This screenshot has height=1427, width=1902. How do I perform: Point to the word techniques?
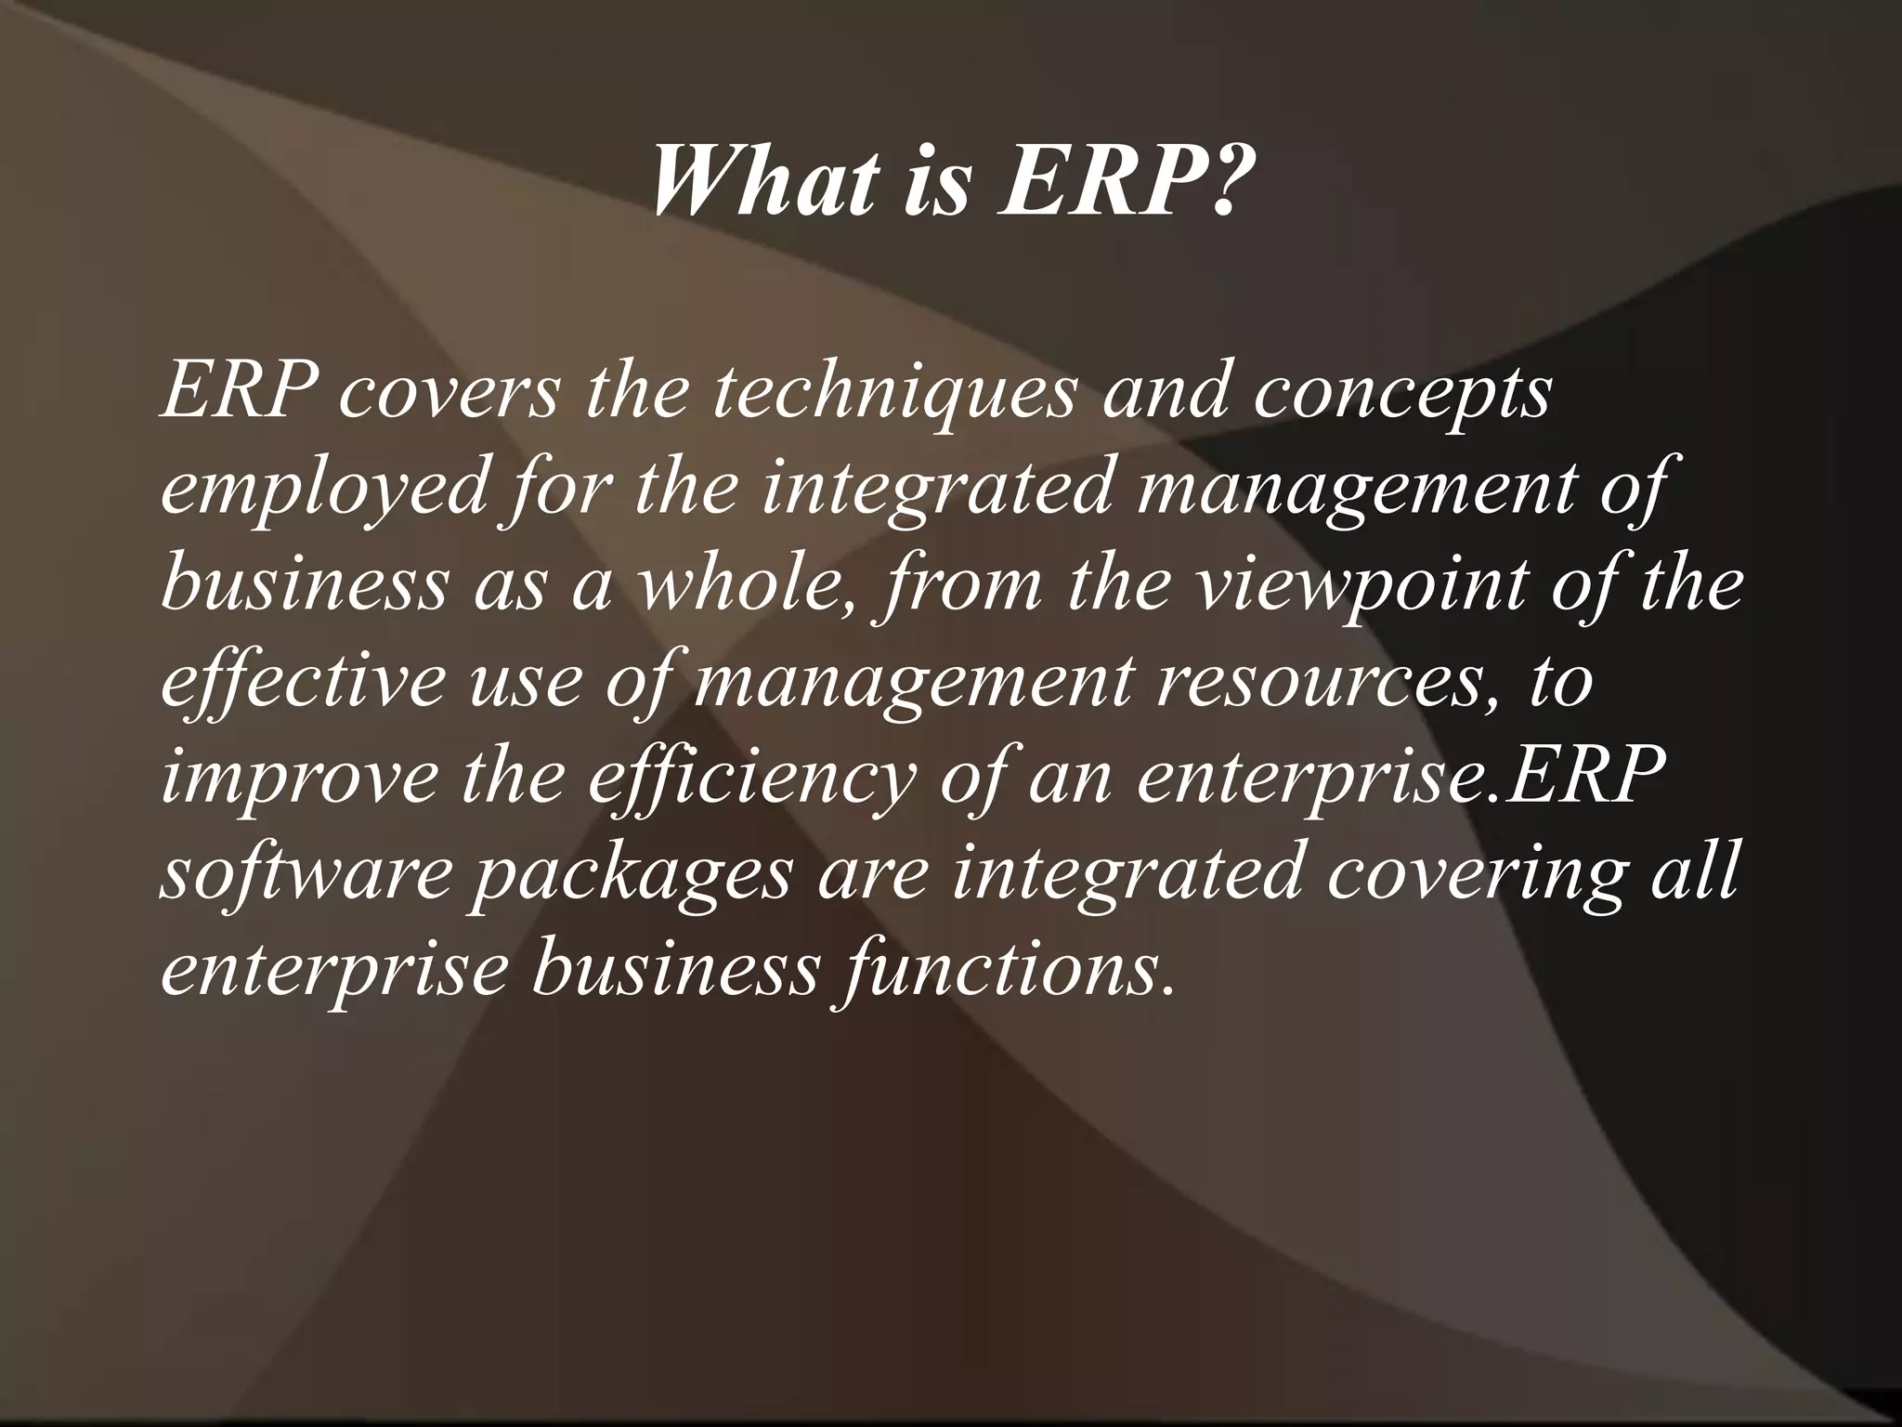pos(891,395)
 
